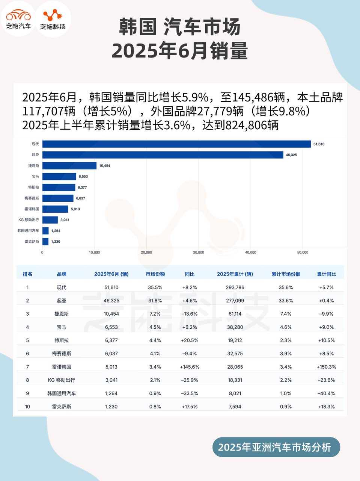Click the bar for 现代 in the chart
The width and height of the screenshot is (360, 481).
coord(176,144)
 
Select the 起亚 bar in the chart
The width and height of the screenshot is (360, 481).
coord(163,155)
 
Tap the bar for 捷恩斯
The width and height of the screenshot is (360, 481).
coord(69,166)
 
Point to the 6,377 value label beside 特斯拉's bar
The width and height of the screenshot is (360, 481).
coord(82,188)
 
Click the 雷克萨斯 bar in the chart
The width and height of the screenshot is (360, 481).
coord(45,242)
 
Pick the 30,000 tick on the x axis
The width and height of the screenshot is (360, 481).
coord(199,253)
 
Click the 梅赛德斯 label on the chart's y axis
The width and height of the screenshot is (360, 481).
coord(32,198)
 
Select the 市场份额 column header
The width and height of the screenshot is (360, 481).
coord(155,274)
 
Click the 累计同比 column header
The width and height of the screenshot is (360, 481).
coord(326,274)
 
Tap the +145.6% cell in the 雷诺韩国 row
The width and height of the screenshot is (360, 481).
coord(190,367)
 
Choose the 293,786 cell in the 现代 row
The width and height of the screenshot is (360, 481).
coord(235,287)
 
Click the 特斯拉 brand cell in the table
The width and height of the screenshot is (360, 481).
coord(62,340)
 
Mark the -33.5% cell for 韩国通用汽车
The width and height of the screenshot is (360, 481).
coord(190,393)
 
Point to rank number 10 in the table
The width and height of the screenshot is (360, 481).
coord(27,407)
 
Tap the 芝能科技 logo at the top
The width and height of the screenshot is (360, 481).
coord(53,19)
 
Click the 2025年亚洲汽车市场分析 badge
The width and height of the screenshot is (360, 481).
coord(276,447)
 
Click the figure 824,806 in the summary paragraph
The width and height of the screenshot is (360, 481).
coord(252,125)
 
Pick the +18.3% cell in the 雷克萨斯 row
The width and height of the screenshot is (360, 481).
coord(326,407)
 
